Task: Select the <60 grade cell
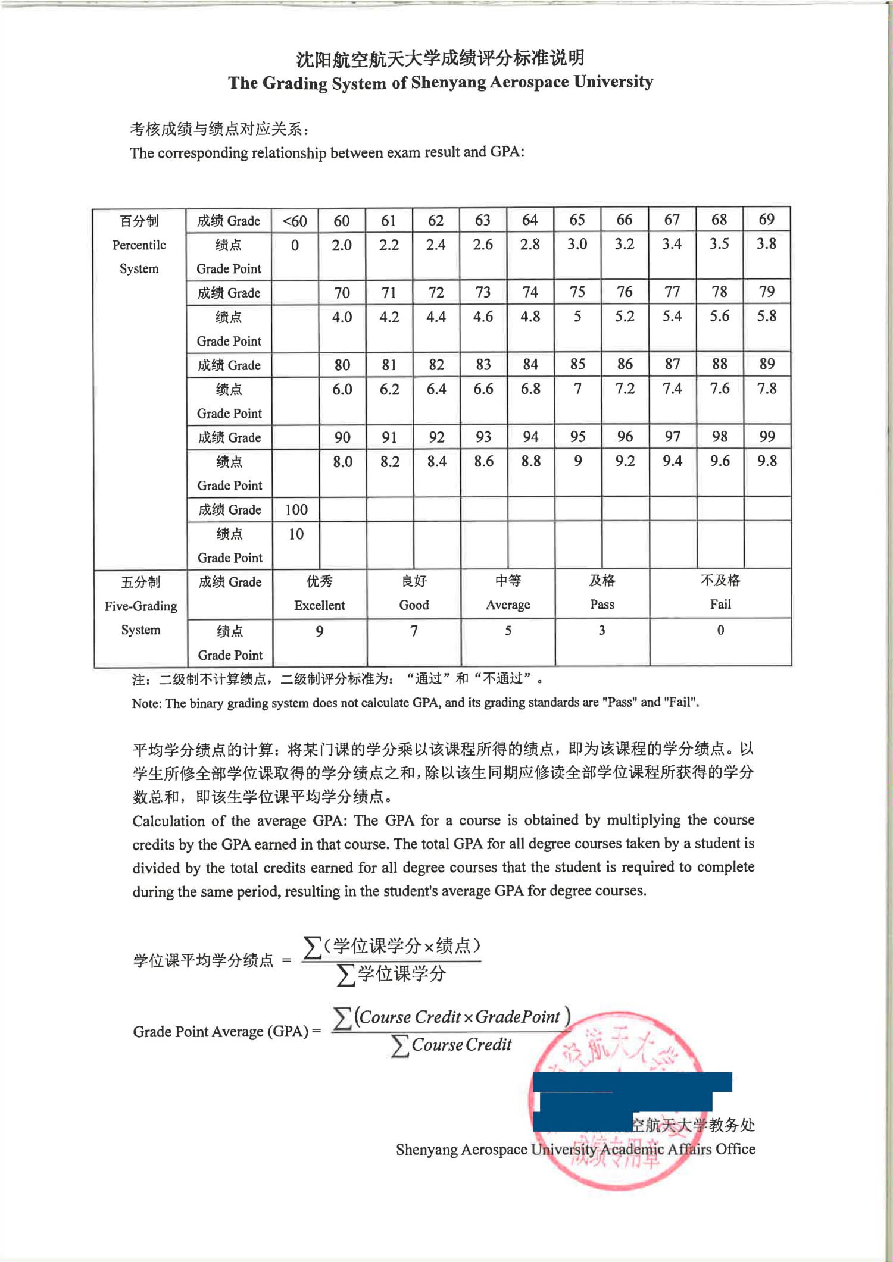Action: pos(295,221)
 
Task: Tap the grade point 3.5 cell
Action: pos(719,245)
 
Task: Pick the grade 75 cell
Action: pos(577,292)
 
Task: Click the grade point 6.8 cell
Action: pos(530,389)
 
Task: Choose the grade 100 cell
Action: pos(296,510)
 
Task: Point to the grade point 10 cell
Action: pos(296,534)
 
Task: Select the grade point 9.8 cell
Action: pos(767,461)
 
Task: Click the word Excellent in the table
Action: pos(319,606)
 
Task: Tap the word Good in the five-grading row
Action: pos(414,605)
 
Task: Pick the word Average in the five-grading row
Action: pos(508,605)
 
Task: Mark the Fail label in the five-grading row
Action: pos(720,605)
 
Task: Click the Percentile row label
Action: pos(139,245)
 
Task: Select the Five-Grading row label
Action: pos(141,606)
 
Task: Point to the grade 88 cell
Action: pos(720,364)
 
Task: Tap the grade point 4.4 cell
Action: pos(436,317)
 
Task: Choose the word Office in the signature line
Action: pos(735,1149)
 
